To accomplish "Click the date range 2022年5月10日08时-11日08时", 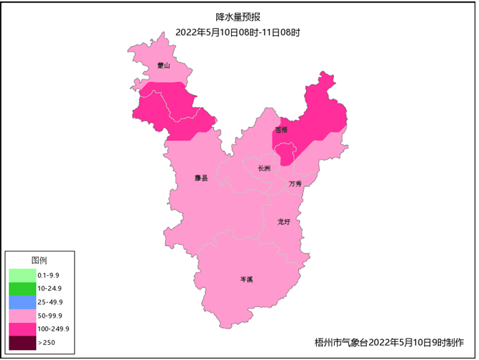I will [238, 32].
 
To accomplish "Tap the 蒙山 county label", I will [164, 66].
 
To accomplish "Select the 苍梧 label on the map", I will [281, 130].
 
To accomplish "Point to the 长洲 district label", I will [264, 169].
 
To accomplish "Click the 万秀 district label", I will [295, 184].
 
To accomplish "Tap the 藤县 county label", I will [201, 178].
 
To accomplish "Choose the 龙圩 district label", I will [284, 222].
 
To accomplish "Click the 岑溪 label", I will [246, 279].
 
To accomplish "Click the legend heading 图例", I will [39, 260].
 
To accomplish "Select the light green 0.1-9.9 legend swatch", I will [22, 275].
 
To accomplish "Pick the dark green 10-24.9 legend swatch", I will [22, 289].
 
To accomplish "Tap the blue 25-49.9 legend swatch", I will [22, 303].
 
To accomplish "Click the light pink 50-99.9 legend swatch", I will [22, 316].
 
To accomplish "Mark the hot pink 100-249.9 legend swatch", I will [22, 330].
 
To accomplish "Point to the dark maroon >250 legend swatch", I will [22, 343].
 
